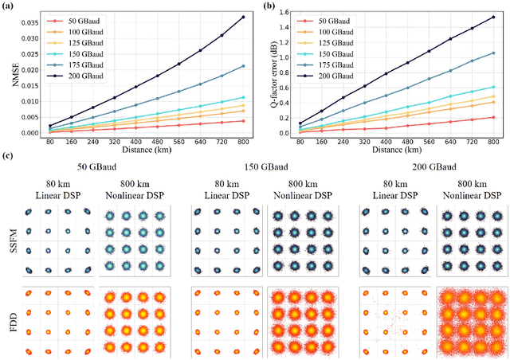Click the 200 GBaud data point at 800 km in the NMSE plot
[243, 17]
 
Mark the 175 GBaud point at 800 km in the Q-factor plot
[493, 53]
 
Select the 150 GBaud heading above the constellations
[266, 169]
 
